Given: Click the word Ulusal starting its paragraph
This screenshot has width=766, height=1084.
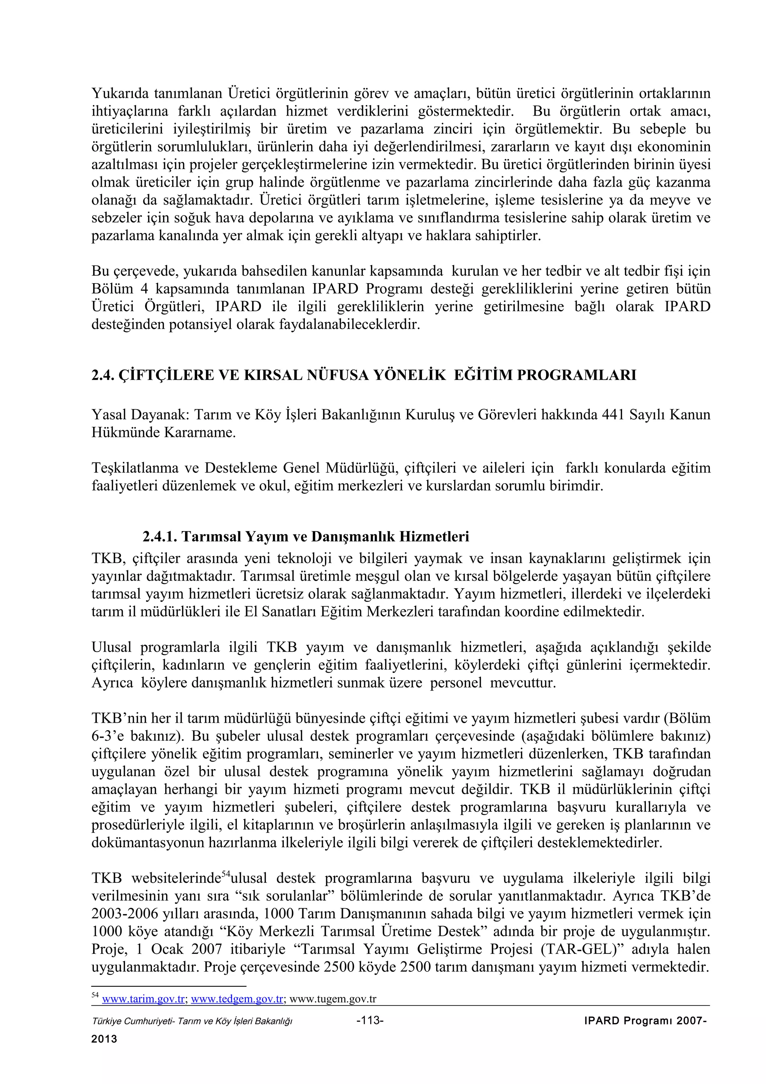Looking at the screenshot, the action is tap(111, 647).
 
